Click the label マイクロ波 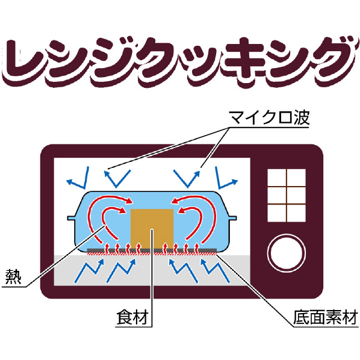tap(270, 117)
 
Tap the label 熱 tap(13, 277)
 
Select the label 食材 tap(132, 317)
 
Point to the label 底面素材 tap(326, 317)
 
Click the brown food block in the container tap(152, 229)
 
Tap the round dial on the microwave tap(287, 253)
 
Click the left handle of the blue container tap(72, 218)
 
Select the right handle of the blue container tap(232, 218)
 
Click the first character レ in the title tap(22, 61)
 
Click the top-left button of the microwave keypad tap(277, 178)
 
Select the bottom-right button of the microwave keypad tap(296, 213)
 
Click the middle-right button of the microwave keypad tap(296, 196)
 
